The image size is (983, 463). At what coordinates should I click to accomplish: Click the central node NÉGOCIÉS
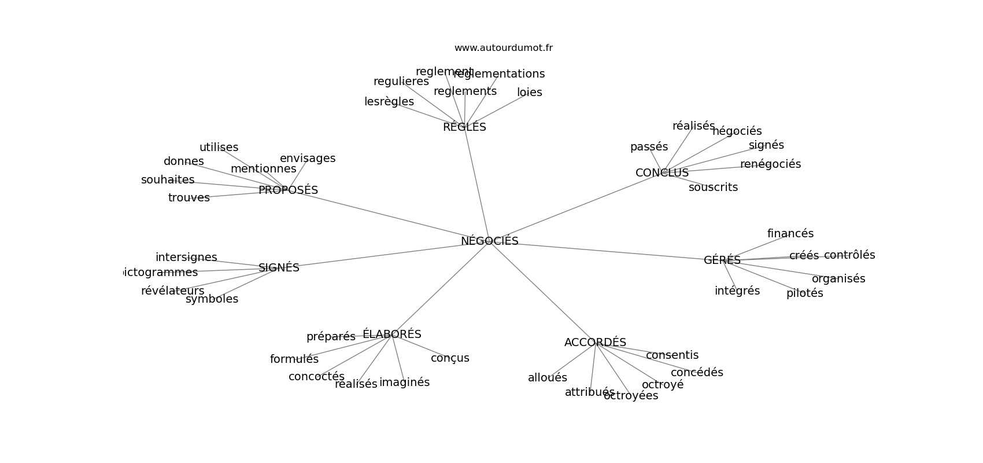489,241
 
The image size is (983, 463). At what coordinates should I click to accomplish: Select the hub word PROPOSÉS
288,190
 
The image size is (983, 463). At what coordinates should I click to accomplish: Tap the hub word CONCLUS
662,173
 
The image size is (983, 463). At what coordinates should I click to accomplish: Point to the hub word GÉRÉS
722,260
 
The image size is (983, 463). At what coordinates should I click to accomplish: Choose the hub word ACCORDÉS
595,343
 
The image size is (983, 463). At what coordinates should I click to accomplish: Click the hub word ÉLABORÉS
391,335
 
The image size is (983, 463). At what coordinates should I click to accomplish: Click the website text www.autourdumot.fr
503,48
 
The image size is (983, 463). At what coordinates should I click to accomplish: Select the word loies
529,93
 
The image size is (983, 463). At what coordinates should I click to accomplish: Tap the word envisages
307,159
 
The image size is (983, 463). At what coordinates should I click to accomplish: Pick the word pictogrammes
161,273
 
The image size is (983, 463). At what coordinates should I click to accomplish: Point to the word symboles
212,299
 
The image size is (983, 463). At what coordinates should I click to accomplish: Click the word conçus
450,358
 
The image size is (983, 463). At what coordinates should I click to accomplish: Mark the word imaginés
404,383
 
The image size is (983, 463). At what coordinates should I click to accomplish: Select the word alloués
547,378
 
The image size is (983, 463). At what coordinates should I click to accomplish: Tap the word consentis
672,355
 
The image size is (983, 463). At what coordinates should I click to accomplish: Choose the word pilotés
804,293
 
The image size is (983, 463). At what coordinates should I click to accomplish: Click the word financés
790,234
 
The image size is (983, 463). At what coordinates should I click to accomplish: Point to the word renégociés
770,164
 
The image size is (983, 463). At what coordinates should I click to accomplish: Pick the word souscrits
713,188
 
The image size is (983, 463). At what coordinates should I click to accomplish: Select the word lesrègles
389,102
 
